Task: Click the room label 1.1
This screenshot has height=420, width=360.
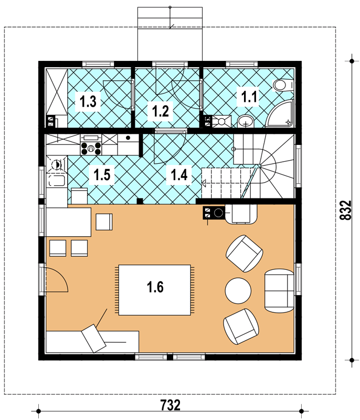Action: point(249,97)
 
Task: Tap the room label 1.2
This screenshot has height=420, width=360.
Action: point(161,111)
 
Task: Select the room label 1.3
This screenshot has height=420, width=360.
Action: point(88,102)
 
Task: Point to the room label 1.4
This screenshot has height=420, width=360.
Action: point(179,175)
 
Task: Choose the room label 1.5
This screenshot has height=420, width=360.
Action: point(102,175)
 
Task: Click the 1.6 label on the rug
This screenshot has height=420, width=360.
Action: point(155,287)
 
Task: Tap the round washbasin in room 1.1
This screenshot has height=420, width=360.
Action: point(246,121)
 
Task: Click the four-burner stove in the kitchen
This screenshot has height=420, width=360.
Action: point(91,149)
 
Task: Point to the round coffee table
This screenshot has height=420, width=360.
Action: point(238,291)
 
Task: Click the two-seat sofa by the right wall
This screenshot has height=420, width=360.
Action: point(279,291)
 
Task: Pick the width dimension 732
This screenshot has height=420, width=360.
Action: point(170,405)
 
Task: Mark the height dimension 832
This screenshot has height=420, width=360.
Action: point(345,211)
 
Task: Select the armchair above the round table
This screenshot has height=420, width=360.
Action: point(244,254)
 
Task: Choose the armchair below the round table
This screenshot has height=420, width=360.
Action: point(241,326)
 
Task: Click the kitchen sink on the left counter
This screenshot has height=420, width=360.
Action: point(56,181)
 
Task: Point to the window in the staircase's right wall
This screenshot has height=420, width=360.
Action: point(298,166)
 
